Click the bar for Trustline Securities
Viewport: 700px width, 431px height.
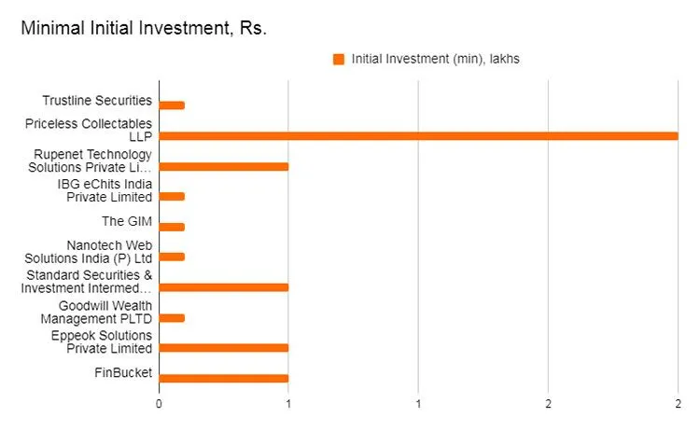point(172,105)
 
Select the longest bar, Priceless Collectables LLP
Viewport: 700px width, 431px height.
point(418,136)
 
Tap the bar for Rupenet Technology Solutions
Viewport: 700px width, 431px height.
point(224,166)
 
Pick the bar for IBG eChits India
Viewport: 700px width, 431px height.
point(172,197)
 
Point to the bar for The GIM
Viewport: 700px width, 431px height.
point(172,227)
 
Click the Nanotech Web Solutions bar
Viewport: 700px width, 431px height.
point(172,257)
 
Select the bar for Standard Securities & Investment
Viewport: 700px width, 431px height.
point(224,287)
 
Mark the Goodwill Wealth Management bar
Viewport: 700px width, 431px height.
point(172,317)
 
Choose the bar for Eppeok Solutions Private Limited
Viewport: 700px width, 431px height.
point(224,348)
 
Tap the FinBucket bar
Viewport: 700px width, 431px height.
point(224,378)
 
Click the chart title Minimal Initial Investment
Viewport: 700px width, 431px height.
point(145,29)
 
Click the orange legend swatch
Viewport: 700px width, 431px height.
point(339,60)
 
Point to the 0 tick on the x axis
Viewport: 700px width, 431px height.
point(160,404)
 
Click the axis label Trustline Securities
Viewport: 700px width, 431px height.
point(97,100)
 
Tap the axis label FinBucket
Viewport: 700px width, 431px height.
point(124,373)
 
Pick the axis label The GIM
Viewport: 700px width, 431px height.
point(127,221)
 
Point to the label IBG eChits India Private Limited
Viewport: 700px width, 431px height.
point(105,190)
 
